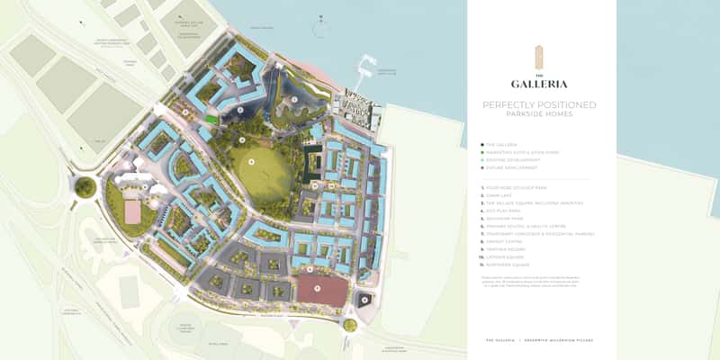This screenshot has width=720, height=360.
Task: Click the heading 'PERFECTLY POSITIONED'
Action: (x=539, y=105)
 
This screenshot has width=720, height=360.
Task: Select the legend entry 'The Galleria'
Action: (x=504, y=145)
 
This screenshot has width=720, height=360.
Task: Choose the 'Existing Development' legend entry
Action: (x=512, y=160)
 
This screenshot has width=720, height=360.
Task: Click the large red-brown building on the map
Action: (x=322, y=291)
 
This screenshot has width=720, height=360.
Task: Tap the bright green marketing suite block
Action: (x=211, y=118)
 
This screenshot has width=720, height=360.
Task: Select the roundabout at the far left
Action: (x=85, y=187)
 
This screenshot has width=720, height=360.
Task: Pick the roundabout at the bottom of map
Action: (x=349, y=325)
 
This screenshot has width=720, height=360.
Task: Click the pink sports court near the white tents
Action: (x=131, y=211)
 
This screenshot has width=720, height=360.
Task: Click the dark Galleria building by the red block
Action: (x=364, y=300)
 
